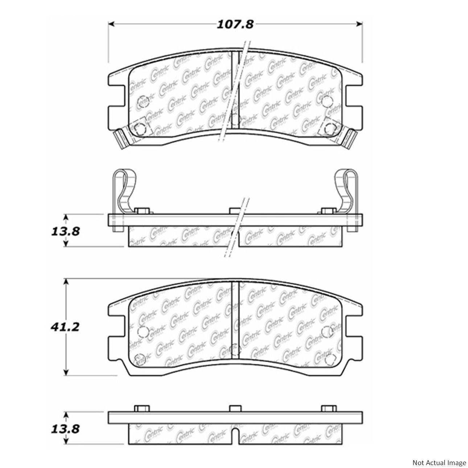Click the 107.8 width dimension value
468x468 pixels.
tap(235, 25)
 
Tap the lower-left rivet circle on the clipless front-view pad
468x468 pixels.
tap(139, 359)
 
